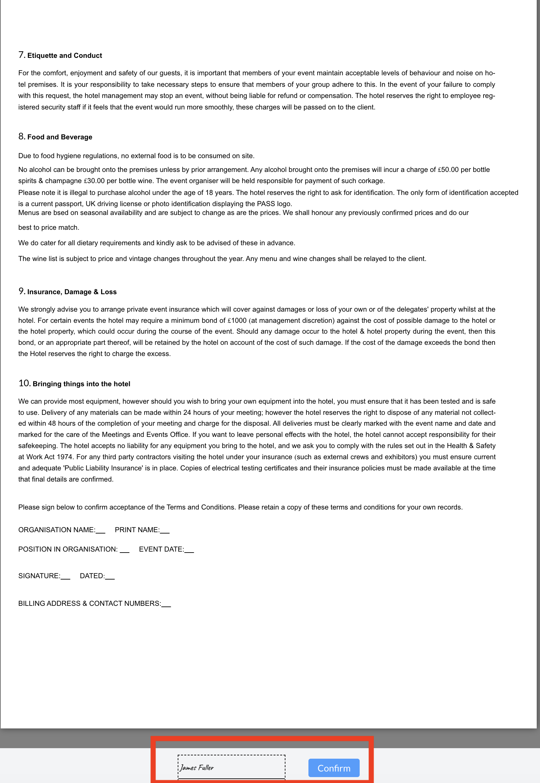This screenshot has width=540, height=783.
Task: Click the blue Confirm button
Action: pyautogui.click(x=334, y=768)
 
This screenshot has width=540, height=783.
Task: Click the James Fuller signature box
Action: pyautogui.click(x=231, y=767)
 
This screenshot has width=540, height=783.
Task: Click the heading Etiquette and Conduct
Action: pyautogui.click(x=65, y=56)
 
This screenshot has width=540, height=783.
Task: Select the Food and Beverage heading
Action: pyautogui.click(x=59, y=137)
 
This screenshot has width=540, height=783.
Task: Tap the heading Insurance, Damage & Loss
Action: pyautogui.click(x=72, y=292)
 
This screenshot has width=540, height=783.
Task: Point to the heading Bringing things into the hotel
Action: pyautogui.click(x=81, y=384)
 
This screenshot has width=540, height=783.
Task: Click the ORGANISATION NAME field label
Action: pyautogui.click(x=56, y=530)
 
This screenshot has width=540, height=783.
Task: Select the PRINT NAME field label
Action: pyautogui.click(x=137, y=530)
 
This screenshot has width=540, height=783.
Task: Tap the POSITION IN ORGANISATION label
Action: pyautogui.click(x=68, y=549)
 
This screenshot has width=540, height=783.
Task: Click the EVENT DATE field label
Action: pyautogui.click(x=161, y=549)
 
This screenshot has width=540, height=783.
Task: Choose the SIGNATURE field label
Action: pyautogui.click(x=39, y=576)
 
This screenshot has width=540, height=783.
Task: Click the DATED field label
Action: pyautogui.click(x=92, y=576)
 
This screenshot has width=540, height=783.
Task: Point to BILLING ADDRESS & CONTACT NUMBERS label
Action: pyautogui.click(x=89, y=603)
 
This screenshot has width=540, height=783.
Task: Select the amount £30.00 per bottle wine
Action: pyautogui.click(x=94, y=181)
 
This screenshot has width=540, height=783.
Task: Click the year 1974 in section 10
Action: pyautogui.click(x=64, y=457)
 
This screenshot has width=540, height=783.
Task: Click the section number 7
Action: pyautogui.click(x=21, y=55)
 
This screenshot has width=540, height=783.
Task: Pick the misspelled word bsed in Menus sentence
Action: pyautogui.click(x=61, y=213)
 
